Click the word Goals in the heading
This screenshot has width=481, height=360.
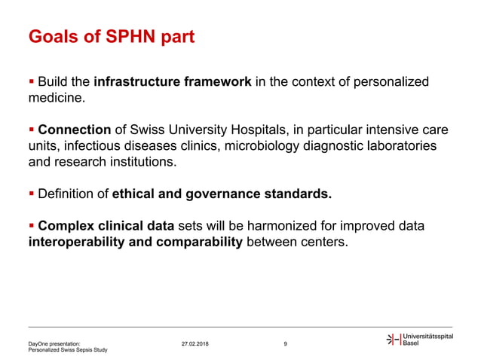coord(54,36)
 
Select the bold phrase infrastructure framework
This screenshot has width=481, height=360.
coord(173,81)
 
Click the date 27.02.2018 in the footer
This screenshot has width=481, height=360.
coord(196,344)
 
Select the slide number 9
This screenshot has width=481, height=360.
coord(285,344)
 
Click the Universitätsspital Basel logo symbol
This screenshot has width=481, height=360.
coord(393,340)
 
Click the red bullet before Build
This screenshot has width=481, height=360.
coord(31,81)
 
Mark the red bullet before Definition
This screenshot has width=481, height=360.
coord(31,194)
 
